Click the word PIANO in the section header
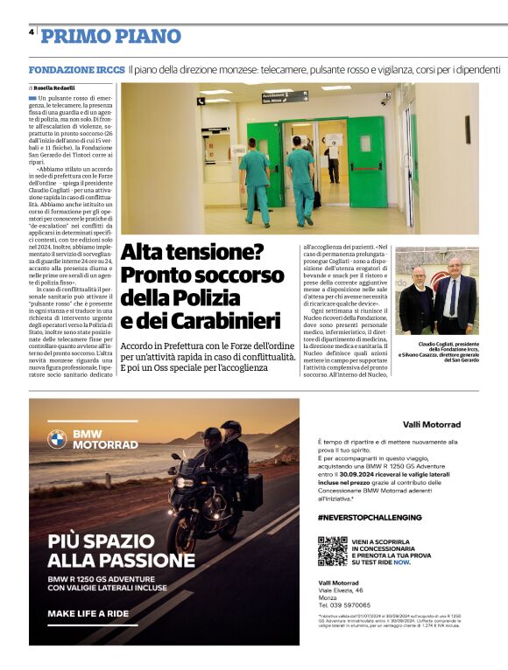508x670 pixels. point(145,36)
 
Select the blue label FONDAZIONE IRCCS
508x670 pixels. point(76,68)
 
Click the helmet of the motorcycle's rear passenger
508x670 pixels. point(230,429)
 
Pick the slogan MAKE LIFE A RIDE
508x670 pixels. point(88,614)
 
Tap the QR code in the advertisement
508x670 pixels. point(332,550)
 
